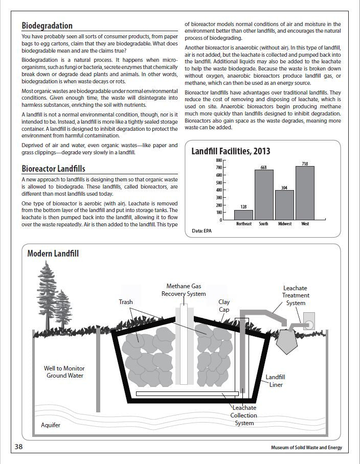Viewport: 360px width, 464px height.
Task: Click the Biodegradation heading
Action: coord(47,26)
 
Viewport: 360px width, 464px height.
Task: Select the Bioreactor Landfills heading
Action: coord(54,169)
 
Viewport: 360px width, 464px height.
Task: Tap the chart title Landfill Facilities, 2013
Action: coord(231,151)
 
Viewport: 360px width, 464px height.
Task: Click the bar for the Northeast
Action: coord(243,215)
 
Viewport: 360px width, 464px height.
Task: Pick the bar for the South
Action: coord(264,195)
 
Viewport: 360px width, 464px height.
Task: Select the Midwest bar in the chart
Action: coord(284,205)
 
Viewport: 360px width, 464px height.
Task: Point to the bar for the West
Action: coord(305,193)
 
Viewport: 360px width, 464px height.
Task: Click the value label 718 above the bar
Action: coord(305,164)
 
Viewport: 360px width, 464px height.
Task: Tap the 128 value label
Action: coord(243,207)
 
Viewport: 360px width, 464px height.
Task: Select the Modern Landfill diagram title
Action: coord(53,253)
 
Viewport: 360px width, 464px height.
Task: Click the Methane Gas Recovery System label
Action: coord(184,290)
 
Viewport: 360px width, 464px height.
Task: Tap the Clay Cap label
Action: coord(224,306)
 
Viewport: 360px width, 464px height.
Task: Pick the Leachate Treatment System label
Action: coord(296,295)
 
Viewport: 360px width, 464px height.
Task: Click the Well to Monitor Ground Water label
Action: coord(64,372)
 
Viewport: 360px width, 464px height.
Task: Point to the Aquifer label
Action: coord(51,425)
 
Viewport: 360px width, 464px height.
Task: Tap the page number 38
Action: coord(18,447)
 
